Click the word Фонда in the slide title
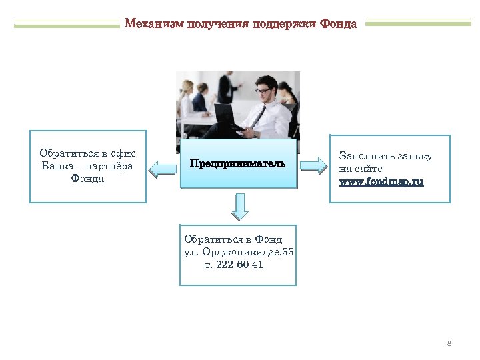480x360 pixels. click(338, 24)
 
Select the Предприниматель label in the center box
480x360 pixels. click(237, 163)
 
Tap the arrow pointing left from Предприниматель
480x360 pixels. click(161, 167)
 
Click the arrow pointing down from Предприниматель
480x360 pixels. click(240, 207)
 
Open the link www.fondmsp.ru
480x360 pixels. click(381, 181)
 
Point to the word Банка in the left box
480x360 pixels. click(57, 165)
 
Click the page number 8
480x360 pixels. click(449, 343)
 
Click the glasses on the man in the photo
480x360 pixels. click(263, 91)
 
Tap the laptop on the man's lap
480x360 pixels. click(227, 117)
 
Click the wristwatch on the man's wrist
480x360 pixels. click(255, 134)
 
